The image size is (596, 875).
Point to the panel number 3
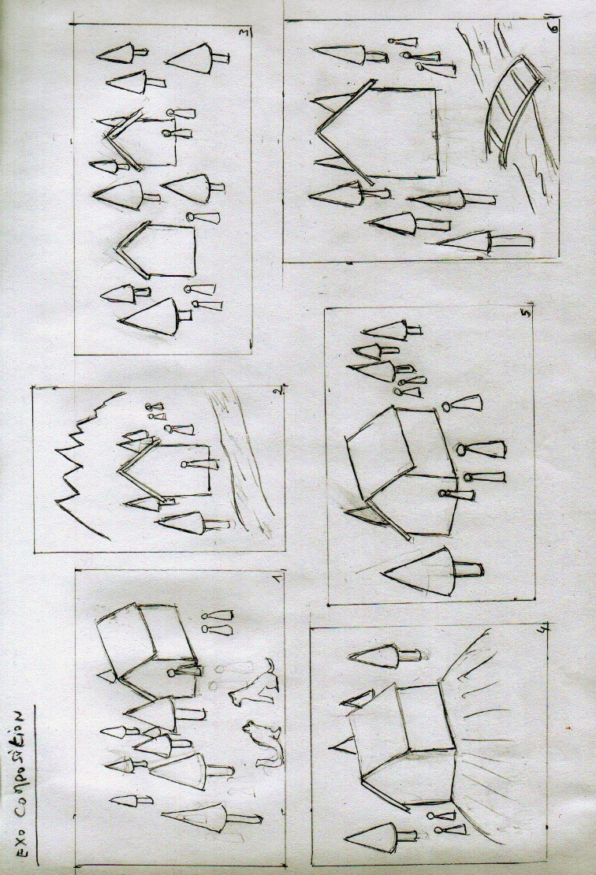point(244,34)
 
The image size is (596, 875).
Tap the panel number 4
point(541,630)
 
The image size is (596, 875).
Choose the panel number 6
point(553,28)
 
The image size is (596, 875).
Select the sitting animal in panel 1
point(263,743)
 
